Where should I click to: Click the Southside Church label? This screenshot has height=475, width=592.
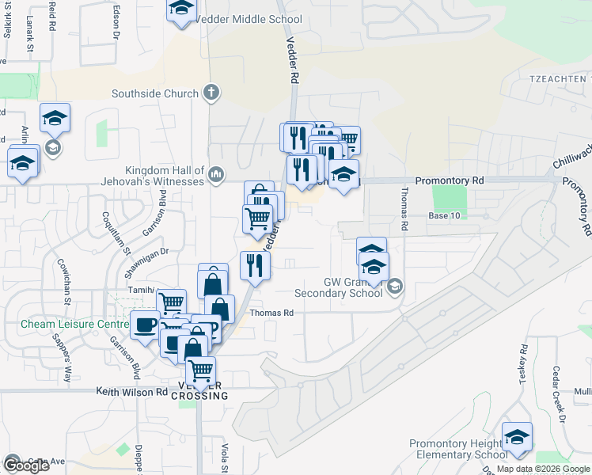154,94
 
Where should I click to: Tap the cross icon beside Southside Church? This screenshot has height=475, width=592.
211,93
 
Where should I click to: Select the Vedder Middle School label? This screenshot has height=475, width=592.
249,20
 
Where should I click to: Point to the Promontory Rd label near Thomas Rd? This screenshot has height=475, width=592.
449,181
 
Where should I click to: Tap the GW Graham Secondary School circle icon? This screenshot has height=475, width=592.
396,287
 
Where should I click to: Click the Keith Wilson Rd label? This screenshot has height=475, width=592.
131,391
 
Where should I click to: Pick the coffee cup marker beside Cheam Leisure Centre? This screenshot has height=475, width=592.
145,326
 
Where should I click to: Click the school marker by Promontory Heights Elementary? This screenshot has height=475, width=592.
517,437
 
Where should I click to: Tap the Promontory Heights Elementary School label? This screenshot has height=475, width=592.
458,449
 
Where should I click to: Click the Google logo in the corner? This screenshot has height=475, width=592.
25,465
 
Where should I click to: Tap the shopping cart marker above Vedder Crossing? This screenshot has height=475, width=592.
200,370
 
